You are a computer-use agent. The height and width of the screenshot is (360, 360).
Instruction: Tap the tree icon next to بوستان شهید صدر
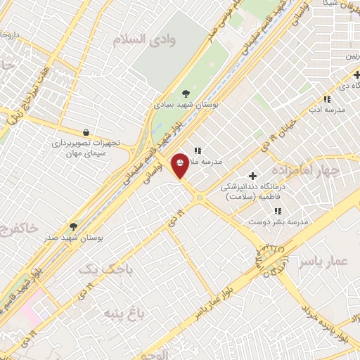(x=73, y=226)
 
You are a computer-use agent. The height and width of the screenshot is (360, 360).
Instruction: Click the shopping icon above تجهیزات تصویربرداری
(x=86, y=132)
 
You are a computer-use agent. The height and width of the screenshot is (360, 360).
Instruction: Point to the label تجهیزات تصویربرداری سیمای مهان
(x=86, y=148)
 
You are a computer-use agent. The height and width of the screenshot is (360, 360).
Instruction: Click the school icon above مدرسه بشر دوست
(x=278, y=210)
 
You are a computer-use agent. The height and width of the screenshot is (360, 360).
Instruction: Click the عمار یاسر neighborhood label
(x=323, y=262)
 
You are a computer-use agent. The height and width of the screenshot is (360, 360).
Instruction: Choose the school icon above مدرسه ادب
(x=326, y=99)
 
